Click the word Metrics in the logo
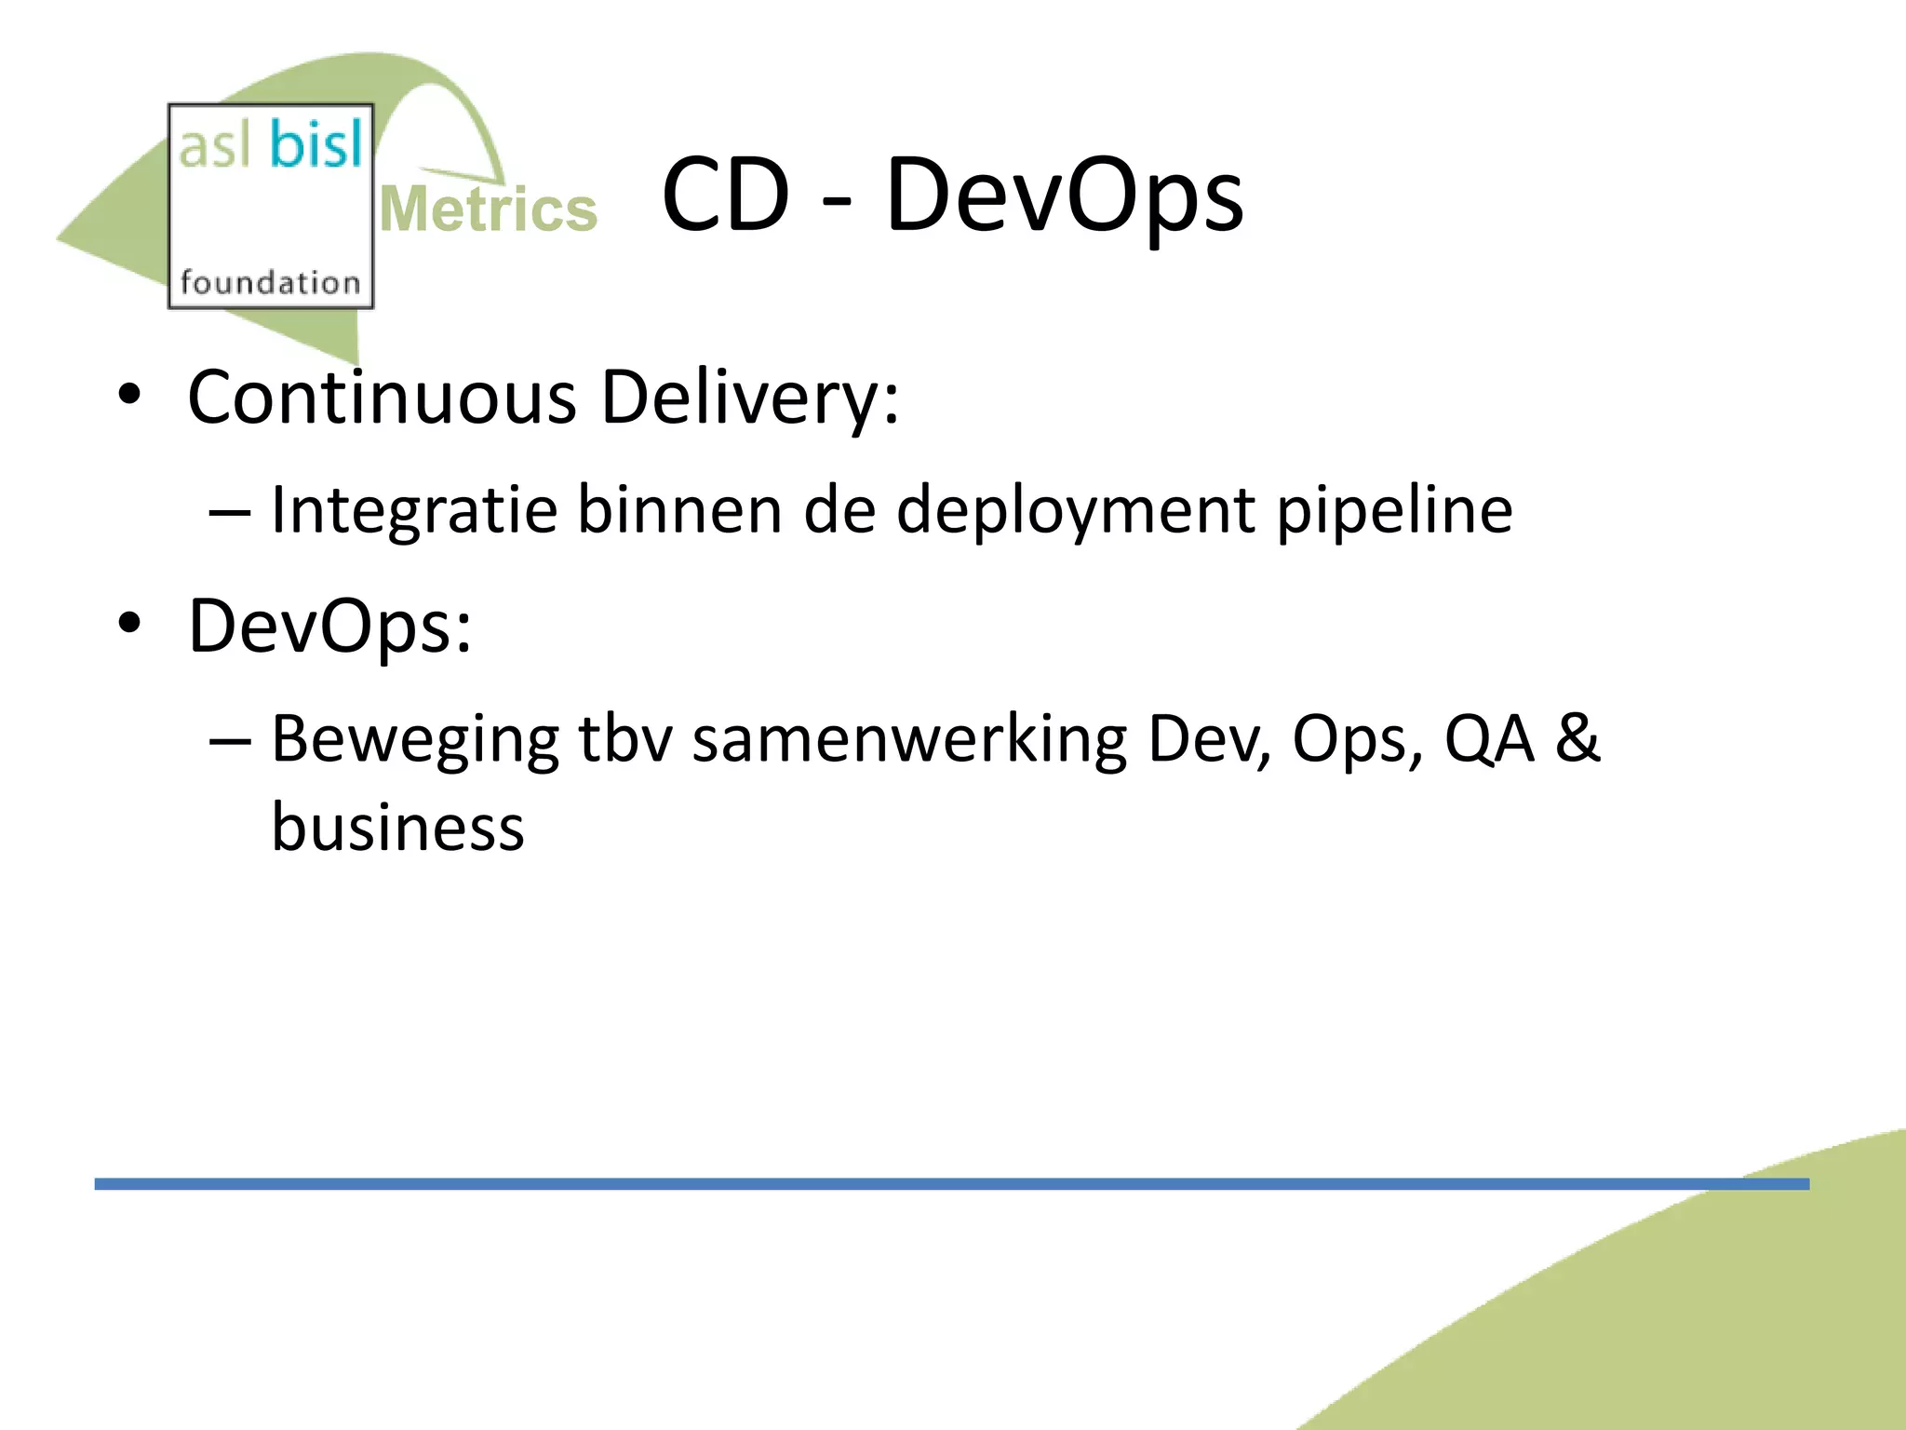[x=489, y=209]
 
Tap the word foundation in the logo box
[x=270, y=281]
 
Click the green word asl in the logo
[x=215, y=147]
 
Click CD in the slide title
[x=726, y=196]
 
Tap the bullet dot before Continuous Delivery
[x=129, y=395]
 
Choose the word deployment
[x=1075, y=511]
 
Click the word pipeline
[x=1394, y=511]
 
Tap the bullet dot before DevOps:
[x=129, y=622]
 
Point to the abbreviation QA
[x=1488, y=739]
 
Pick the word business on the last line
[x=397, y=827]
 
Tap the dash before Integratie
[x=230, y=513]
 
